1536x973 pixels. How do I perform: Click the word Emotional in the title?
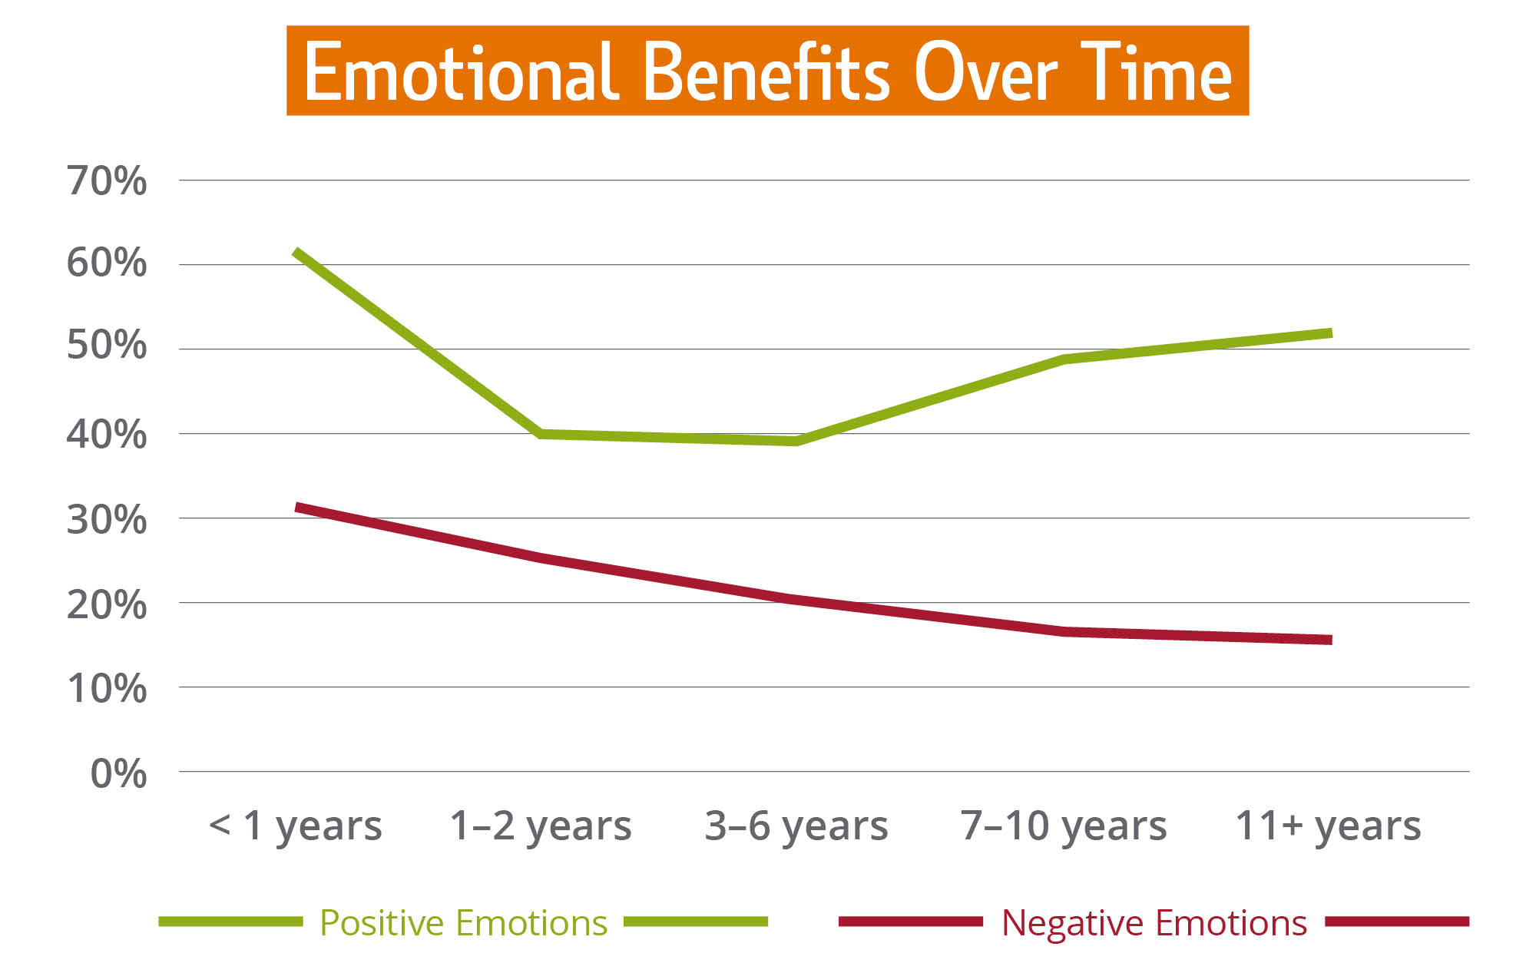tap(461, 73)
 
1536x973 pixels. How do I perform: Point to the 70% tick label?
tap(107, 181)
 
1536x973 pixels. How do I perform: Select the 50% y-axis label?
tap(107, 346)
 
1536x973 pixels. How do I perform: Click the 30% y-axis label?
tap(107, 520)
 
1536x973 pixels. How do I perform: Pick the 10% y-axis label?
tap(107, 689)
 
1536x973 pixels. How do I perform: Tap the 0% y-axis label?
tap(118, 773)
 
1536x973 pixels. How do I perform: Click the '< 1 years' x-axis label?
tap(296, 826)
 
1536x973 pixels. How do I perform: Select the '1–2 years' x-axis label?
tap(541, 826)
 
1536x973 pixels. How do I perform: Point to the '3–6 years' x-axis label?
tap(796, 826)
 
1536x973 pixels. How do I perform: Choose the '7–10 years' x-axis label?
tap(1064, 826)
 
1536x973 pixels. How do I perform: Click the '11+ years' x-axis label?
tap(1328, 826)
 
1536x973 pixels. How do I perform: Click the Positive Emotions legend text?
tap(463, 922)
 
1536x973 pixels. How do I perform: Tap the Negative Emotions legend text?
tap(1154, 922)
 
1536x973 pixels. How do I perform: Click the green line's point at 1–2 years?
tap(541, 434)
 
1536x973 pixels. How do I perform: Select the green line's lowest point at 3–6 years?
tap(796, 441)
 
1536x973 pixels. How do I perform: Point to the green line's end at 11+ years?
tap(1330, 333)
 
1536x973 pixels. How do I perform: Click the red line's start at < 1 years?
tap(297, 507)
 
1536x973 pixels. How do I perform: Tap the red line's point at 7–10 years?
tap(1064, 631)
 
